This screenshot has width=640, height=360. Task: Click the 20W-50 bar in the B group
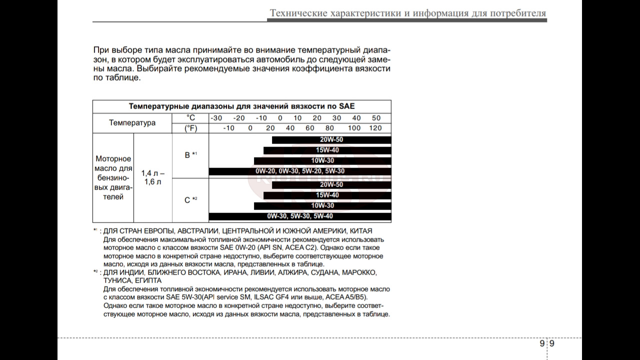[x=331, y=140]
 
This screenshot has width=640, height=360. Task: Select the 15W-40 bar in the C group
[x=327, y=195]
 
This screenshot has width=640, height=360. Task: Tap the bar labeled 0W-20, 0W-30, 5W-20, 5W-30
[x=300, y=171]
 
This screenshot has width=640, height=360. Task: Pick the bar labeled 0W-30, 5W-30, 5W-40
[x=300, y=216]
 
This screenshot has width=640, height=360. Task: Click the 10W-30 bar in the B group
[x=322, y=161]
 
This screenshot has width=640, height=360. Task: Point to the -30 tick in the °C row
[x=216, y=118]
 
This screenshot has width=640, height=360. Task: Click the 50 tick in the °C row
[x=376, y=118]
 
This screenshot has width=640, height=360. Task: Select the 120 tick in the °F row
[x=375, y=128]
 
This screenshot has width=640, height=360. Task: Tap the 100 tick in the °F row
[x=354, y=128]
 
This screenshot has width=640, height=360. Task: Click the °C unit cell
[x=190, y=118]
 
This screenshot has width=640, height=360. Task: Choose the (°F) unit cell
[x=190, y=128]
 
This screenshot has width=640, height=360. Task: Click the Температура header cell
[x=132, y=123]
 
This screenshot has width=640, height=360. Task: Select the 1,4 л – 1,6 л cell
[x=153, y=177]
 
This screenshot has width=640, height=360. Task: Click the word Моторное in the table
[x=113, y=159]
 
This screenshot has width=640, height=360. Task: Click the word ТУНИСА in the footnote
[x=117, y=281]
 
